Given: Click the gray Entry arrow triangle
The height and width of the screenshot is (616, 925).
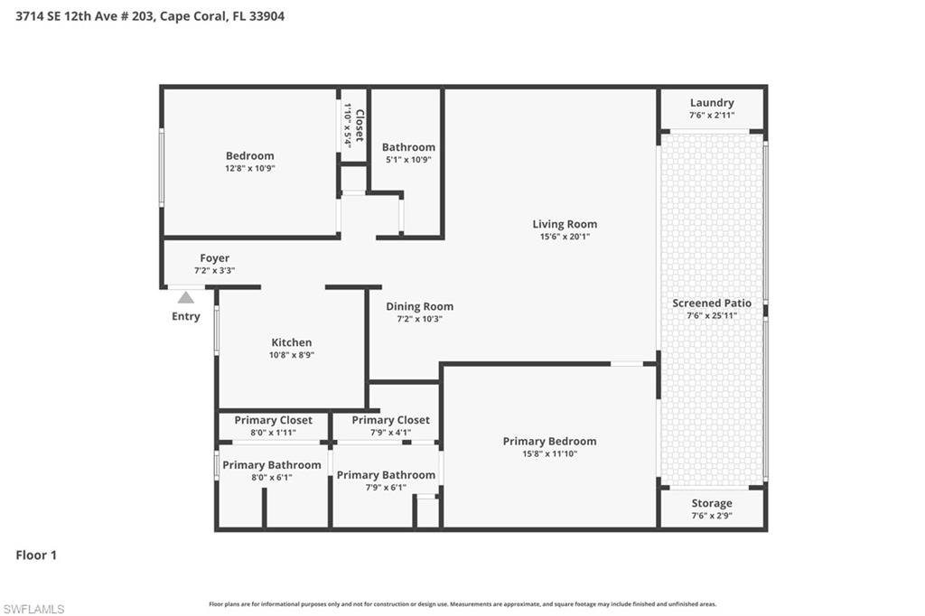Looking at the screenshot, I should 185,297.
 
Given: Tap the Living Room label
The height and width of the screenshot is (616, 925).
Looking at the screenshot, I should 565,224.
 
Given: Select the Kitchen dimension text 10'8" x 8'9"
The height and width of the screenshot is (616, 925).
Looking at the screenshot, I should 292,355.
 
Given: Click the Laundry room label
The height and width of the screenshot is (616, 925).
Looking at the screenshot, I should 712,103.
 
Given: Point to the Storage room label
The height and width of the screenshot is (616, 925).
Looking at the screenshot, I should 712,503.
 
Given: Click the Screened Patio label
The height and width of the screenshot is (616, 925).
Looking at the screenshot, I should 712,303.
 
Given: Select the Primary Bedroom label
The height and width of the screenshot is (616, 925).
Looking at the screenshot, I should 549,441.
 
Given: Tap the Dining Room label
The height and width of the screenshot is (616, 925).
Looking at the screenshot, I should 419,306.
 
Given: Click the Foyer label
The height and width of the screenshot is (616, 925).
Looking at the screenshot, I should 214,258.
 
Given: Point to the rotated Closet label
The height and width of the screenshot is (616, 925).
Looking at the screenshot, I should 359,126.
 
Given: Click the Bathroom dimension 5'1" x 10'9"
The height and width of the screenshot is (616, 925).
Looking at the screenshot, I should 408,160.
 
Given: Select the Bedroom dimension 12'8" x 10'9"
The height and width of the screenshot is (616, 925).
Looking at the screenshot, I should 250,168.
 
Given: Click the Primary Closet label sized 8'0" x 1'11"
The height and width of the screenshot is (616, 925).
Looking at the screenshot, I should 273,420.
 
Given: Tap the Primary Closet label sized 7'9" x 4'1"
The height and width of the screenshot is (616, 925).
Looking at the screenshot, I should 390,420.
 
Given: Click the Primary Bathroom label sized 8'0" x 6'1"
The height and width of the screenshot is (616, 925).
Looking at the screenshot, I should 271,465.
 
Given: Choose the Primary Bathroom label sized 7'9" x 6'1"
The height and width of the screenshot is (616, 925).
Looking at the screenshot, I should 386,475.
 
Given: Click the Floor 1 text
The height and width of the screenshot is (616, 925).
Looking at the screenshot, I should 36,555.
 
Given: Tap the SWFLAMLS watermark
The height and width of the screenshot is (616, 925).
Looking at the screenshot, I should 33,609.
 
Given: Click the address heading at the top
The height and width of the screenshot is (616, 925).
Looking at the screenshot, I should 150,16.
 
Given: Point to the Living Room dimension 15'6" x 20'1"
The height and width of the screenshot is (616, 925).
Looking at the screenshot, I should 565,237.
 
